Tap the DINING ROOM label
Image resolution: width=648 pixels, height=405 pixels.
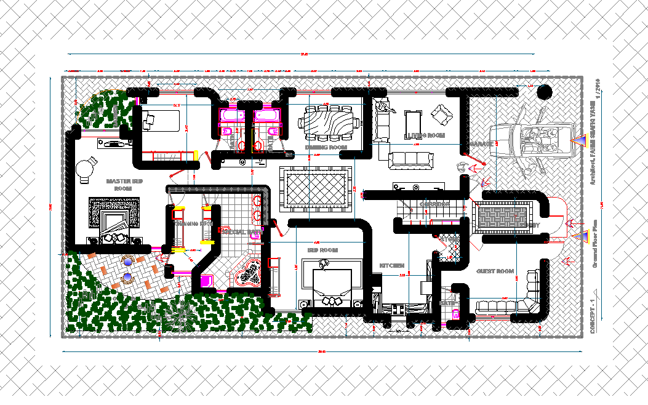pos(326,148)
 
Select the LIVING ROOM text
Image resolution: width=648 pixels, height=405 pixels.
pos(425,135)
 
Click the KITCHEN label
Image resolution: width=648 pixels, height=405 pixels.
pos(391,265)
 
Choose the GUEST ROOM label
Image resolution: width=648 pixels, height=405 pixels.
pos(495,271)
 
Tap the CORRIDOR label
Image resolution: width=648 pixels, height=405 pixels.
pos(434,204)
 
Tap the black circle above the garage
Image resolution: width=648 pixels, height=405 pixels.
pos(544,92)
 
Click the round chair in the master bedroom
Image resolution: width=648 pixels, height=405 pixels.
pos(86,167)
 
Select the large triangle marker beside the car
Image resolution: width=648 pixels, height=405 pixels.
pos(578,142)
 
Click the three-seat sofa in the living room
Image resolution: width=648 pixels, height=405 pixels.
pos(410,159)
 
